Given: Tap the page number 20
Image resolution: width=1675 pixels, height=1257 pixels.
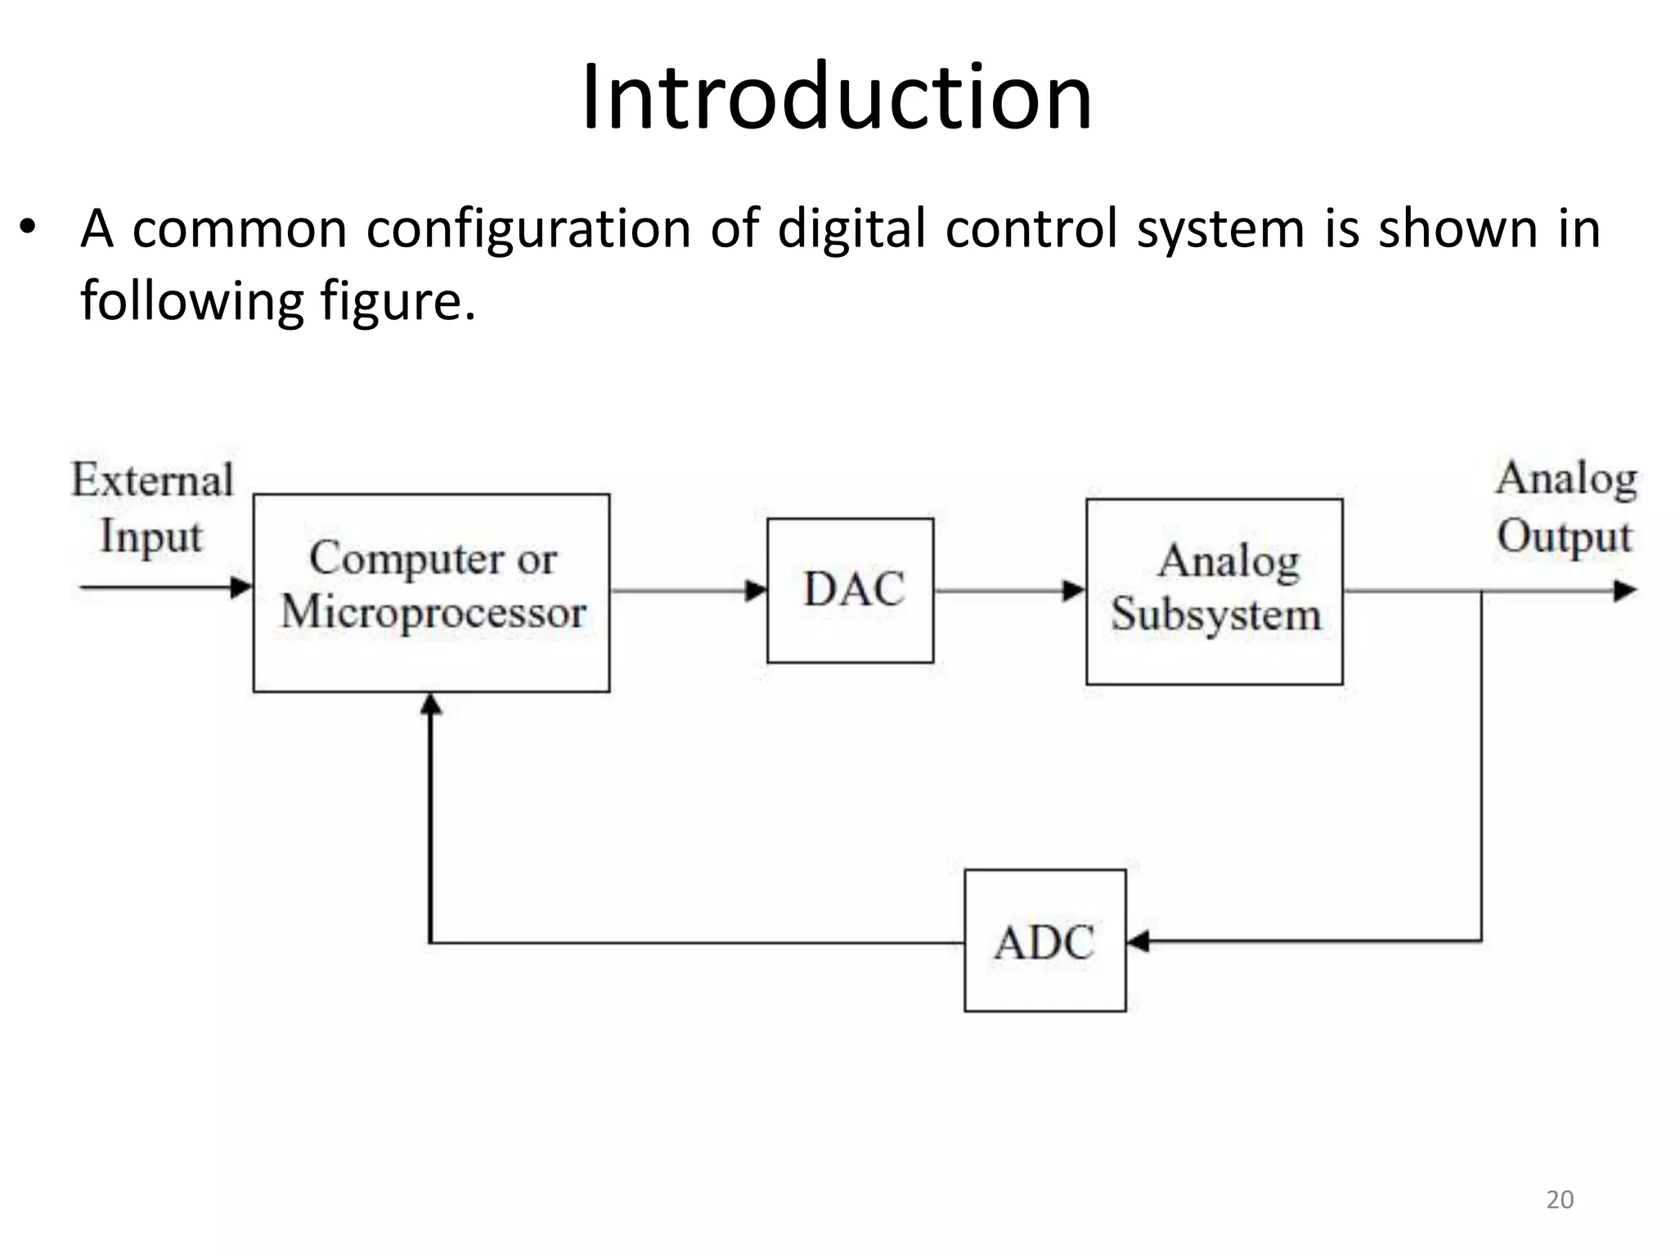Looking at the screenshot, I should click(1559, 1200).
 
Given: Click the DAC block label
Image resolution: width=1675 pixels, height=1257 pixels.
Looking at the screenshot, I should click(853, 589).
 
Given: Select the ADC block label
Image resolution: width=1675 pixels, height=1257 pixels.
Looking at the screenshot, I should click(1044, 943).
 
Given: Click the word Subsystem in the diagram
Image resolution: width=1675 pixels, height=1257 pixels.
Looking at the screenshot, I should click(1215, 615).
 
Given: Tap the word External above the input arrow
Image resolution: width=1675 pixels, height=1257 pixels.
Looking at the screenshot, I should click(153, 480).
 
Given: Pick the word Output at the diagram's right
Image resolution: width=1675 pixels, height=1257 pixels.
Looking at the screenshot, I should click(1564, 538).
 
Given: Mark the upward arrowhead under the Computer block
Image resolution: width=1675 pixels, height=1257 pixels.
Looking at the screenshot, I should click(431, 705).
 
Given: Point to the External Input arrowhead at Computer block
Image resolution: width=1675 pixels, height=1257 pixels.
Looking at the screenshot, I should click(241, 587).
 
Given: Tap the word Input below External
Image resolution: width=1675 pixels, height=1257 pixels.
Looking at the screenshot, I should click(150, 538).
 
